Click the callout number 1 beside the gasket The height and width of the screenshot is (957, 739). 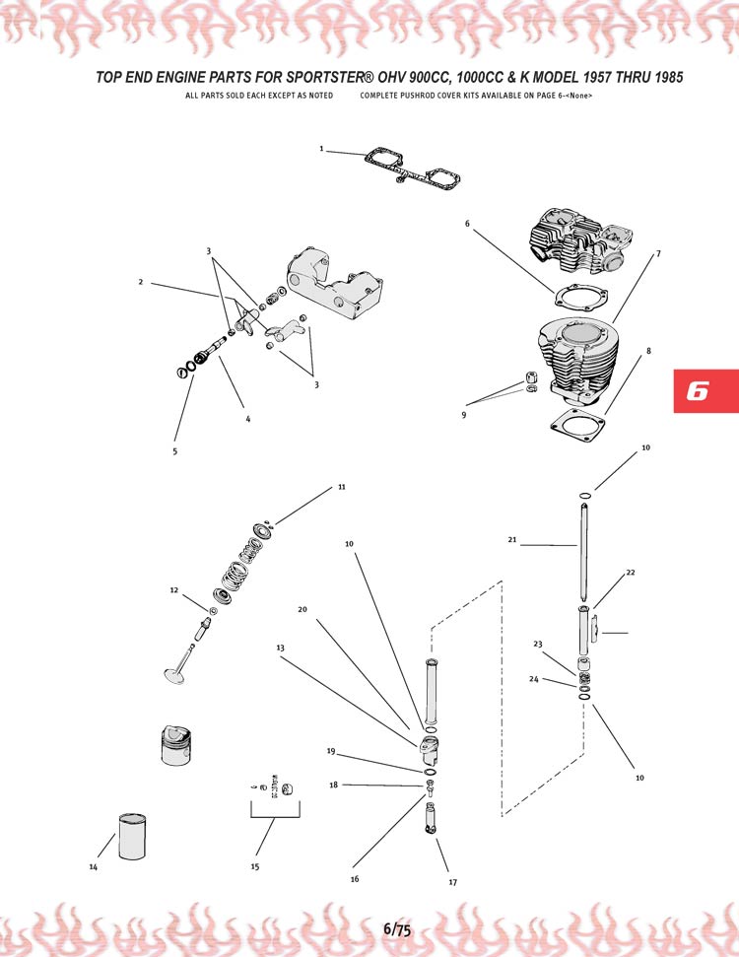tap(321, 148)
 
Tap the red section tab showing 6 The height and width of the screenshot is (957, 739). tap(706, 390)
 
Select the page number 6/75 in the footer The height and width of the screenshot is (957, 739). tap(397, 929)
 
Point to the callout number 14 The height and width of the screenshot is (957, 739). tap(94, 866)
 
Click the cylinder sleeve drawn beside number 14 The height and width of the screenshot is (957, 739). tap(132, 836)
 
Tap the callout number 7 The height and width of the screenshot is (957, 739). tap(658, 253)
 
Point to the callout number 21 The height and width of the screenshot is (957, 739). tap(512, 539)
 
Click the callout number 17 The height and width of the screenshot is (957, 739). tap(453, 882)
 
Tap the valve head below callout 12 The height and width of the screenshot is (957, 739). tap(174, 676)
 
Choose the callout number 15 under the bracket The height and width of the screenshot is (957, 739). tap(255, 866)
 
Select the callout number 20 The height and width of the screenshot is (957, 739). tap(302, 609)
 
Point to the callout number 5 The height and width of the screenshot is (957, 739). tap(175, 451)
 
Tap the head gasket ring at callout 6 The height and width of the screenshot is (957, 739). tap(579, 299)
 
